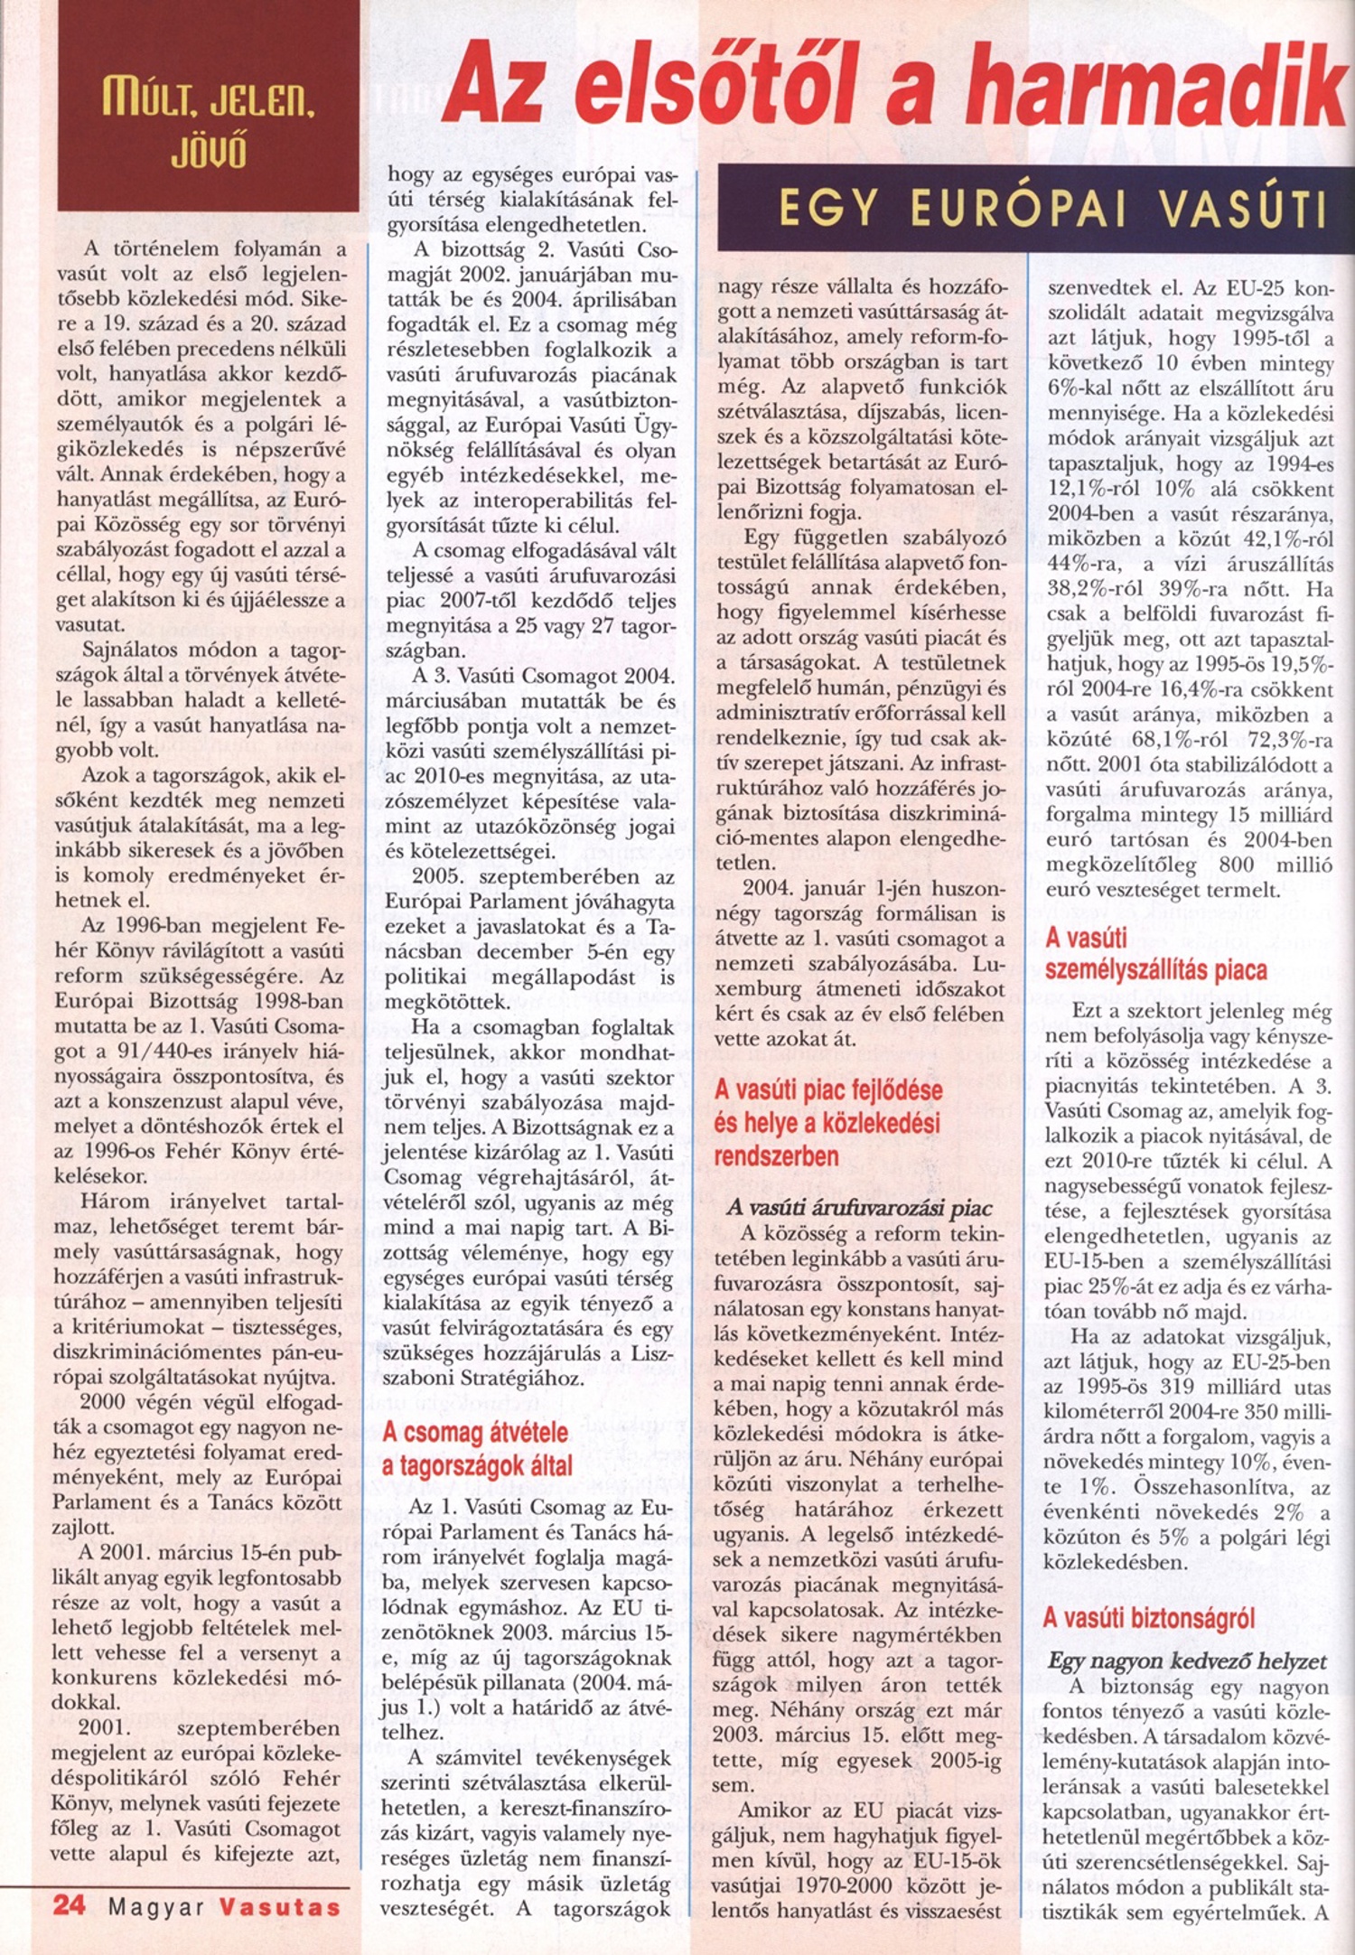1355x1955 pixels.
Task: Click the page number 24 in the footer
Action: [69, 1904]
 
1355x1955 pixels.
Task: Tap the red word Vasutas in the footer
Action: [281, 1907]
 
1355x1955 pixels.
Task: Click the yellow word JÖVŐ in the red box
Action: [209, 154]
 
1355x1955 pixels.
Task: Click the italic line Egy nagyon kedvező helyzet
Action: [1187, 1661]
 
